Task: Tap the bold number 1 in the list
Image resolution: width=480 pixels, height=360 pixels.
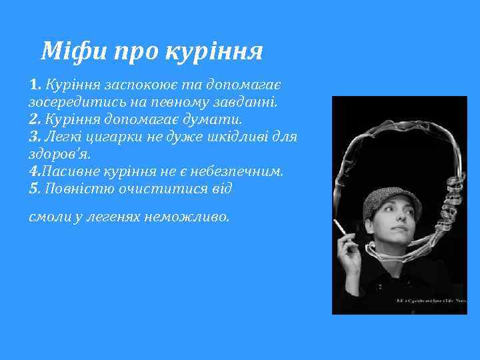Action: click(35, 86)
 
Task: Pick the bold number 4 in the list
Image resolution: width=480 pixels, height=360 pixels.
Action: click(34, 171)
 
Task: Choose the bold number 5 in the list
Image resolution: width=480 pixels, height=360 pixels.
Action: click(35, 188)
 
